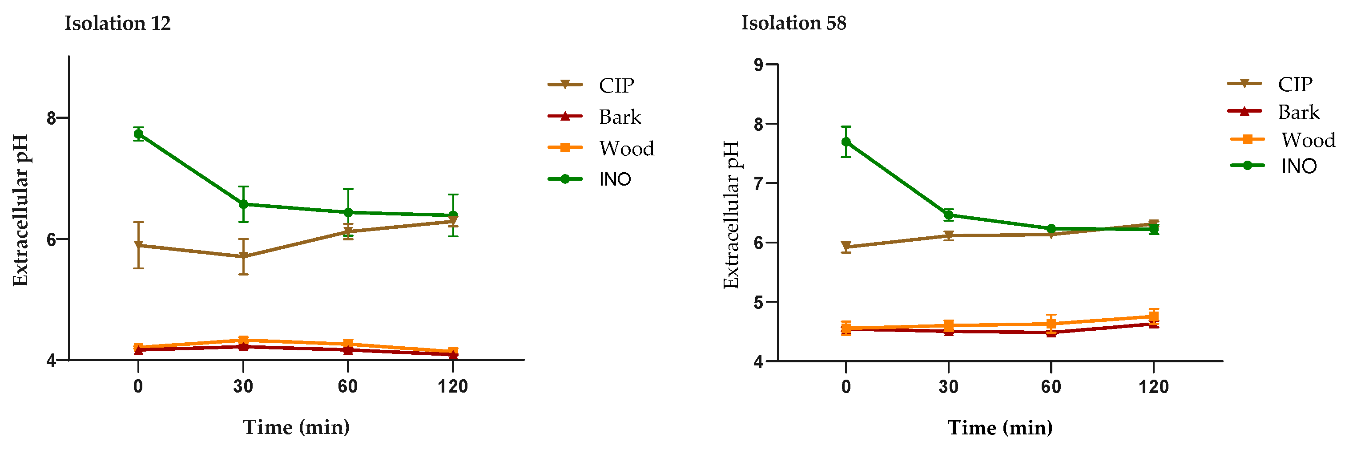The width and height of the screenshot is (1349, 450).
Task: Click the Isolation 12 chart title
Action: click(x=117, y=24)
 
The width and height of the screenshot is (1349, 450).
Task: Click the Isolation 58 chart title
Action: click(x=793, y=23)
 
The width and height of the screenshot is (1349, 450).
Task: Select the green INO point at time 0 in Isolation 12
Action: click(x=139, y=134)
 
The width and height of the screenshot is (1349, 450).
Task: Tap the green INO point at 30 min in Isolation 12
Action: click(x=243, y=204)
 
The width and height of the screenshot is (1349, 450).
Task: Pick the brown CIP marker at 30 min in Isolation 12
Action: click(x=243, y=257)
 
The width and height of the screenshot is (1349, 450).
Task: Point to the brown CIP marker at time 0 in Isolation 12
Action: click(x=139, y=245)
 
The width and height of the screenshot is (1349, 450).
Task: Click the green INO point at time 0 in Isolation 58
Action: click(x=846, y=142)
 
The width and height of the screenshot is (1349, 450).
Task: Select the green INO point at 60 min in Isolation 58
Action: click(x=1051, y=229)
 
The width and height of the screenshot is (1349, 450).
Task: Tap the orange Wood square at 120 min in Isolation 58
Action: click(x=1153, y=316)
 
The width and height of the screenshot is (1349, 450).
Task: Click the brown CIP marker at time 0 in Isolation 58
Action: click(x=846, y=246)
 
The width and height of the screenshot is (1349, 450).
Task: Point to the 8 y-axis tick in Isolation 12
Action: click(x=51, y=118)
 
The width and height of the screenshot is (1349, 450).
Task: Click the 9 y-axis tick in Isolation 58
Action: click(x=759, y=65)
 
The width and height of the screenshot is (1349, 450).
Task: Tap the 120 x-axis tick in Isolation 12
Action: click(x=452, y=387)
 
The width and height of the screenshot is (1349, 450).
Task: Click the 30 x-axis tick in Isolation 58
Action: click(x=948, y=387)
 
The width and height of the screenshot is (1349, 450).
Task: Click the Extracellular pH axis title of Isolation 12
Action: click(x=20, y=210)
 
